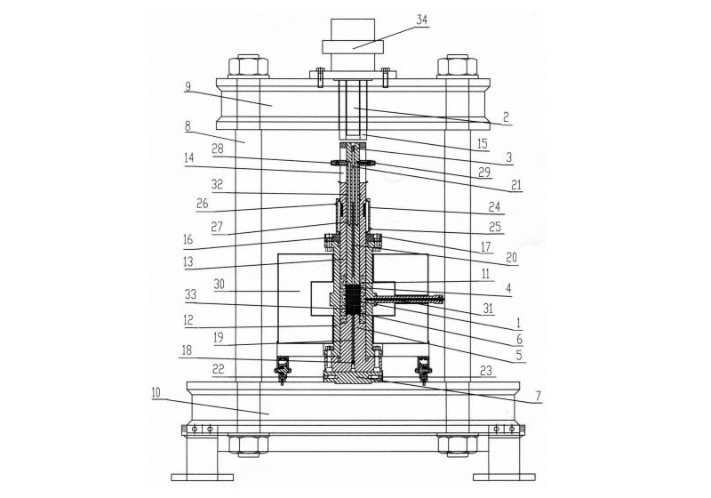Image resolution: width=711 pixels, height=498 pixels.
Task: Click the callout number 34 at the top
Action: tap(421, 20)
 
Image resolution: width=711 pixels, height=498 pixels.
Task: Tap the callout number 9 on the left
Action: tap(188, 86)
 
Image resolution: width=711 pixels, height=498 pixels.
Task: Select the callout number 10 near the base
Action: tap(156, 393)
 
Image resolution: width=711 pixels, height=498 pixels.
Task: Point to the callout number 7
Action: tap(538, 397)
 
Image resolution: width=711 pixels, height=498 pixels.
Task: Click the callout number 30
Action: tap(220, 284)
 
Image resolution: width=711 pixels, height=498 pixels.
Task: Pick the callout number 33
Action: tap(190, 294)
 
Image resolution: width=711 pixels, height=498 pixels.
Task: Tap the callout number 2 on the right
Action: tap(507, 118)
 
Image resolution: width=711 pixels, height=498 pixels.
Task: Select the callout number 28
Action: tap(218, 149)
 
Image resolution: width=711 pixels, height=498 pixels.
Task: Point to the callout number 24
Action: tap(495, 207)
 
